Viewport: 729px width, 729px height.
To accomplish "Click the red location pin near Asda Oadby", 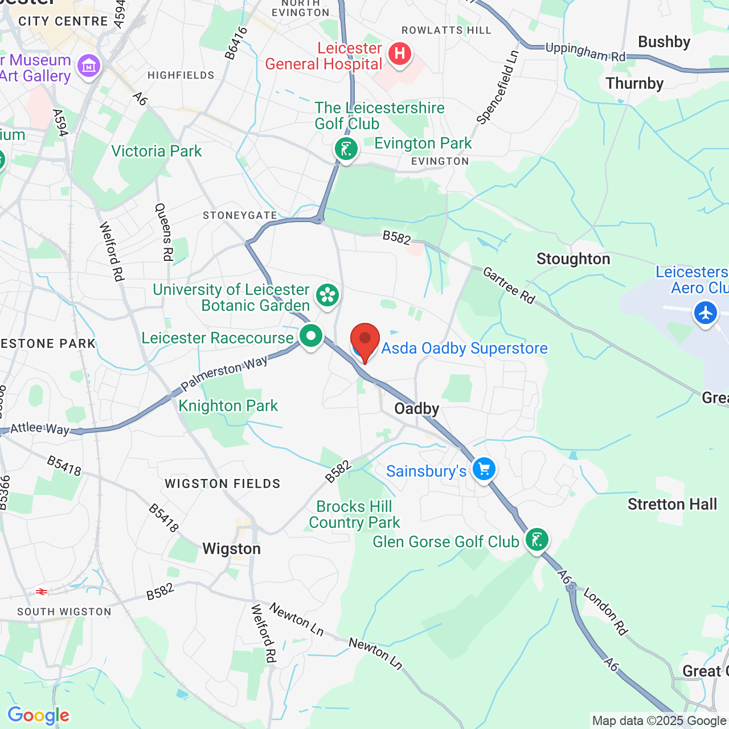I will (x=364, y=341).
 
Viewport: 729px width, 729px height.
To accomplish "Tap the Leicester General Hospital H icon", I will (x=400, y=55).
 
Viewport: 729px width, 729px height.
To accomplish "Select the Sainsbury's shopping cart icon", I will (x=484, y=470).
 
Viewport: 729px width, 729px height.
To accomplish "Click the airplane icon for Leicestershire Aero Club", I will (x=706, y=313).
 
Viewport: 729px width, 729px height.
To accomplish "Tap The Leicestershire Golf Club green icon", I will (x=346, y=150).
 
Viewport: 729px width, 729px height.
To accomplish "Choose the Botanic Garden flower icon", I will (x=327, y=295).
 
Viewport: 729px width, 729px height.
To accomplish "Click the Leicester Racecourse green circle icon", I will (x=311, y=336).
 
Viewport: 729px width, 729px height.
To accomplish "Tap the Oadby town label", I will (x=417, y=409).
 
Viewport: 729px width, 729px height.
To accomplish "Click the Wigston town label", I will (x=232, y=549).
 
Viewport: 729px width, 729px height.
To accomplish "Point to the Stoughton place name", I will (x=573, y=259).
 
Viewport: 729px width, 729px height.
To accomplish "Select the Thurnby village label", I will (x=634, y=84).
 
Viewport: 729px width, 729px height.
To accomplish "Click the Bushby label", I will (x=664, y=42).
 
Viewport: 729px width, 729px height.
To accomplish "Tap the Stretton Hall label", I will (x=672, y=505).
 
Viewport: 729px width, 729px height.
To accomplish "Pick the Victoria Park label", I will (x=157, y=151).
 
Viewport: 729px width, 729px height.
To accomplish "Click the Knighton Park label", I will (x=228, y=406).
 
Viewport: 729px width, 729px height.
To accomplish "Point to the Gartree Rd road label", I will (x=509, y=285).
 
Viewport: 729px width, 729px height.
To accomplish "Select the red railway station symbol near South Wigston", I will (x=42, y=592).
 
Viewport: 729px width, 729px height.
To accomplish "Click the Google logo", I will (x=38, y=715).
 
